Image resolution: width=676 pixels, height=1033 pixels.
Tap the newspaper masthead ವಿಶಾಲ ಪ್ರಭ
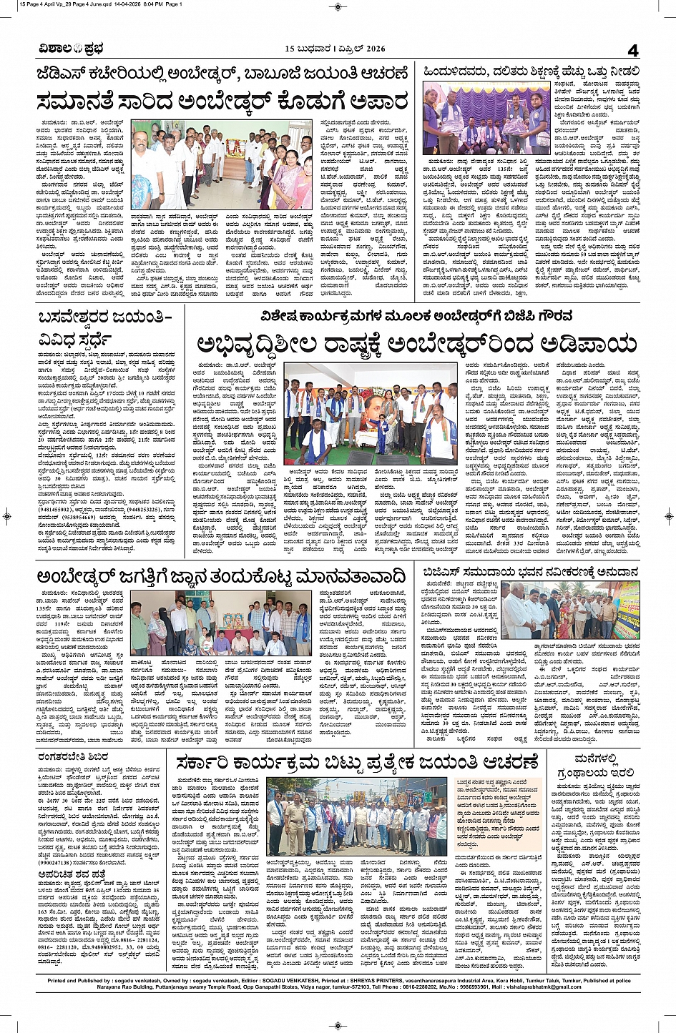[72, 49]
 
